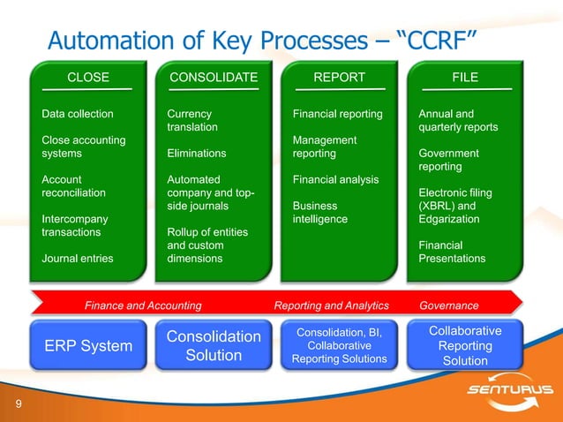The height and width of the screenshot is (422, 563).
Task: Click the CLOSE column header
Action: (88, 78)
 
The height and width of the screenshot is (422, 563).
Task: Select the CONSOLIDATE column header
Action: (214, 78)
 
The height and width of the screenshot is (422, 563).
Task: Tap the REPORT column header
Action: (339, 78)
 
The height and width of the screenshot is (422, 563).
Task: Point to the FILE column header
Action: (465, 78)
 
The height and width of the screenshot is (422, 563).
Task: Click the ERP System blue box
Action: (88, 346)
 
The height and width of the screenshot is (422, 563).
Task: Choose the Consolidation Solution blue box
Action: (214, 346)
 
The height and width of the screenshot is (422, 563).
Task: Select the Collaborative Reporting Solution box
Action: (465, 345)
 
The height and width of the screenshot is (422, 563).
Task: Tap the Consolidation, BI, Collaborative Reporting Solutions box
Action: (339, 346)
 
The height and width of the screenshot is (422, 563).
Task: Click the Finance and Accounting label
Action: (143, 305)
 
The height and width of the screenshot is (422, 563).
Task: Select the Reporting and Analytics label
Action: (331, 305)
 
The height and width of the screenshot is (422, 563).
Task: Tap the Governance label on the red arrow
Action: (449, 305)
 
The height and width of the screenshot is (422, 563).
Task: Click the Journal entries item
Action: (78, 259)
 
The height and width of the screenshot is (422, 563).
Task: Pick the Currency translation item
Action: (192, 121)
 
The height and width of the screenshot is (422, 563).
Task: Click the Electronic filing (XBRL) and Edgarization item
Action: (455, 206)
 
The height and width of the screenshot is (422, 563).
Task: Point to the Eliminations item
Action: (196, 154)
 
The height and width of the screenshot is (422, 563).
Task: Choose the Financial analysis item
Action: (335, 180)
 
